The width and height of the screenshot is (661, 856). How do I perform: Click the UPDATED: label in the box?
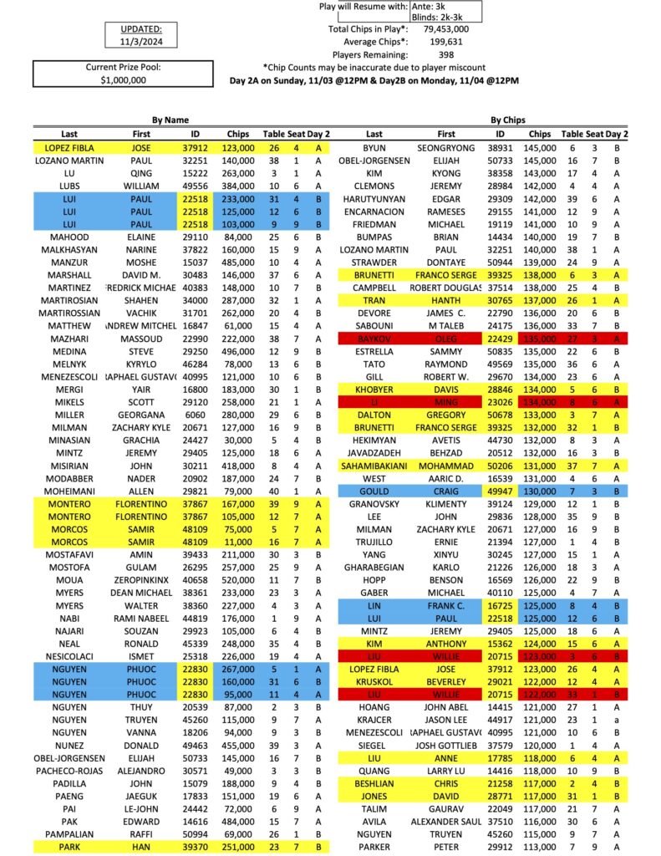tap(135, 28)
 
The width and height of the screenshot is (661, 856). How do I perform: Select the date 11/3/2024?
tap(135, 40)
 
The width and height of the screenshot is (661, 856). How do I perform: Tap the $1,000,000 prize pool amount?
tap(123, 80)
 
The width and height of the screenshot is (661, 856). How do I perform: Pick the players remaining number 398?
tap(446, 55)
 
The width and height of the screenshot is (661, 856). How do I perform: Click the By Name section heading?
tap(170, 120)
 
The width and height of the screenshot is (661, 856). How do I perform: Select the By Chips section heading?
tap(509, 120)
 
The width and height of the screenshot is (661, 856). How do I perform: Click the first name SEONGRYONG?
tap(446, 147)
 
